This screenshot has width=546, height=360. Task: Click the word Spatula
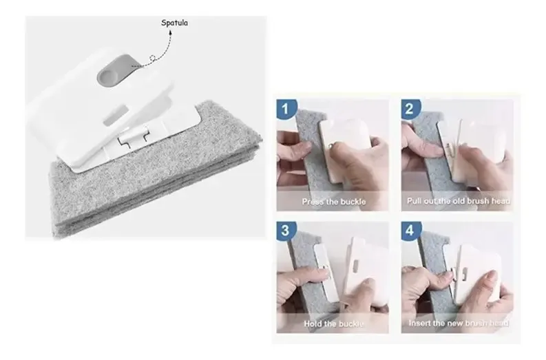coord(174,23)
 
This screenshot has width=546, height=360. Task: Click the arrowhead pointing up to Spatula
coord(171,32)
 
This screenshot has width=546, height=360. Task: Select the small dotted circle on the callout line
coord(152,58)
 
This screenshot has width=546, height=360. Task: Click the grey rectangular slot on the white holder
coord(114,114)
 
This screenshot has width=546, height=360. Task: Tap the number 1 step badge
coord(286,109)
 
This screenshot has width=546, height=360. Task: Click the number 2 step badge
coord(410,109)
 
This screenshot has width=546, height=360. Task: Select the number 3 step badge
coord(286,231)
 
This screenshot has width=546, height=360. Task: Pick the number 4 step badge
coord(410,231)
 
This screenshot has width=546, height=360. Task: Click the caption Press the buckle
coord(333,202)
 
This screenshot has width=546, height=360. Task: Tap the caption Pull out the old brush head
coord(459,201)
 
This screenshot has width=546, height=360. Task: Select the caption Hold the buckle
coord(333,324)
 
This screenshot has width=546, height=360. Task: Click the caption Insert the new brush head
coord(459,323)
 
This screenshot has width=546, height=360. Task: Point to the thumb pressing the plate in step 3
coord(359,289)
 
